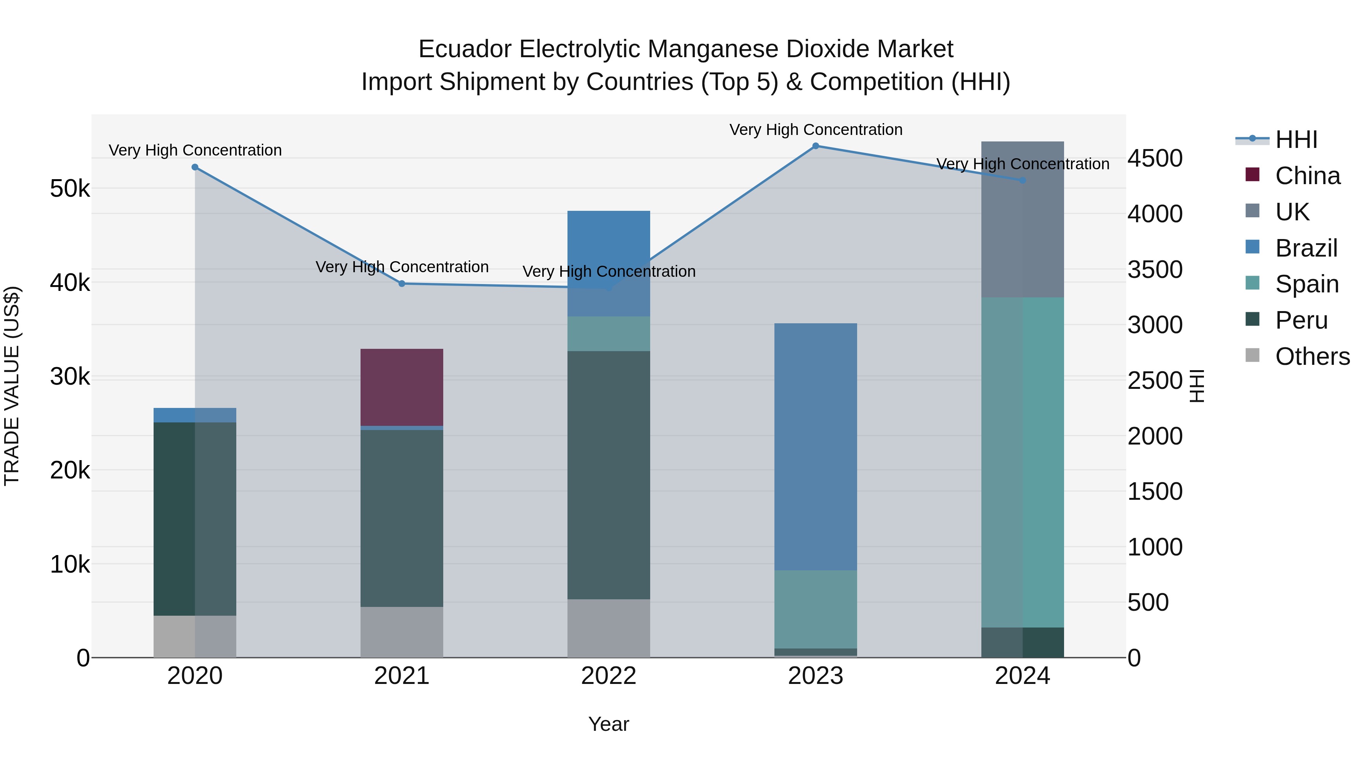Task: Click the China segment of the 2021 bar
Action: tap(402, 387)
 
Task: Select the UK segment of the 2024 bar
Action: tap(1022, 220)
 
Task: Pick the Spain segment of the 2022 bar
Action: tap(608, 334)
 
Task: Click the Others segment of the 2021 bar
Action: tap(402, 632)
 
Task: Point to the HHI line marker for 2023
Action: tap(816, 146)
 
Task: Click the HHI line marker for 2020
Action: tap(195, 167)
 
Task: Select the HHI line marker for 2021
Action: tap(402, 283)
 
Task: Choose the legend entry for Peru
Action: tap(1301, 320)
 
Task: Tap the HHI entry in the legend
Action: tap(1295, 140)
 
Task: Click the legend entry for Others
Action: tap(1312, 356)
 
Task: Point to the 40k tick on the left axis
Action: tap(70, 283)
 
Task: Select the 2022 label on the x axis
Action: tap(608, 676)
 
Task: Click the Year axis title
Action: tap(608, 724)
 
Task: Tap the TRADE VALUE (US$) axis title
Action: tap(12, 386)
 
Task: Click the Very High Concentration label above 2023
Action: tap(816, 130)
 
